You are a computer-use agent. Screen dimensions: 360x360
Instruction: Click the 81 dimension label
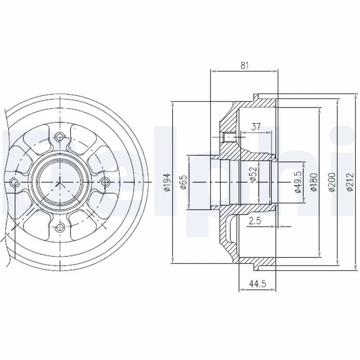tap(244, 65)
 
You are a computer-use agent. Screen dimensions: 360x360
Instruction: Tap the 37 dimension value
tap(256, 126)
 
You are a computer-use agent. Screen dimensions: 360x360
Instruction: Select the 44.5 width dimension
tap(257, 284)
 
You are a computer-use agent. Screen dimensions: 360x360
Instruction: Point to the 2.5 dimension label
tap(255, 221)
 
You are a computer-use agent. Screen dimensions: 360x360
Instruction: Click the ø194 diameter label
tap(168, 182)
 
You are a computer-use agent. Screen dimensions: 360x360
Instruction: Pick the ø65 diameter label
tap(184, 182)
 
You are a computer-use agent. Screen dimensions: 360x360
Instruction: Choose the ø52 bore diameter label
tap(253, 175)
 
